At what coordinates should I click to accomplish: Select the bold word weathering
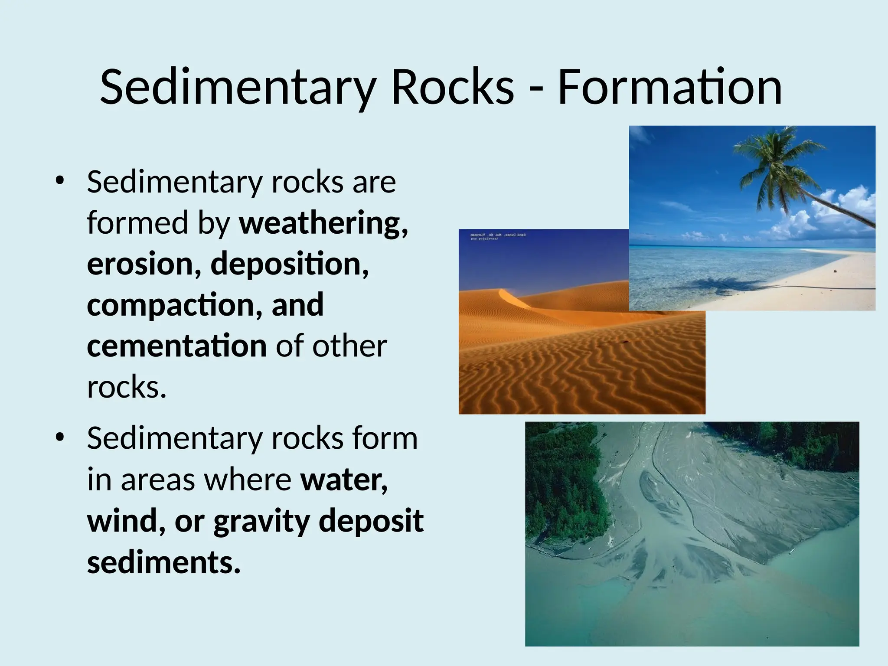click(323, 223)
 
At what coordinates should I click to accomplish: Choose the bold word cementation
click(177, 346)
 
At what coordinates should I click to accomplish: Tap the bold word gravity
click(261, 521)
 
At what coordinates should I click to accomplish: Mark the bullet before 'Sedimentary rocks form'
click(60, 437)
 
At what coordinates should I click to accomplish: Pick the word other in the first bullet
click(349, 346)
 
